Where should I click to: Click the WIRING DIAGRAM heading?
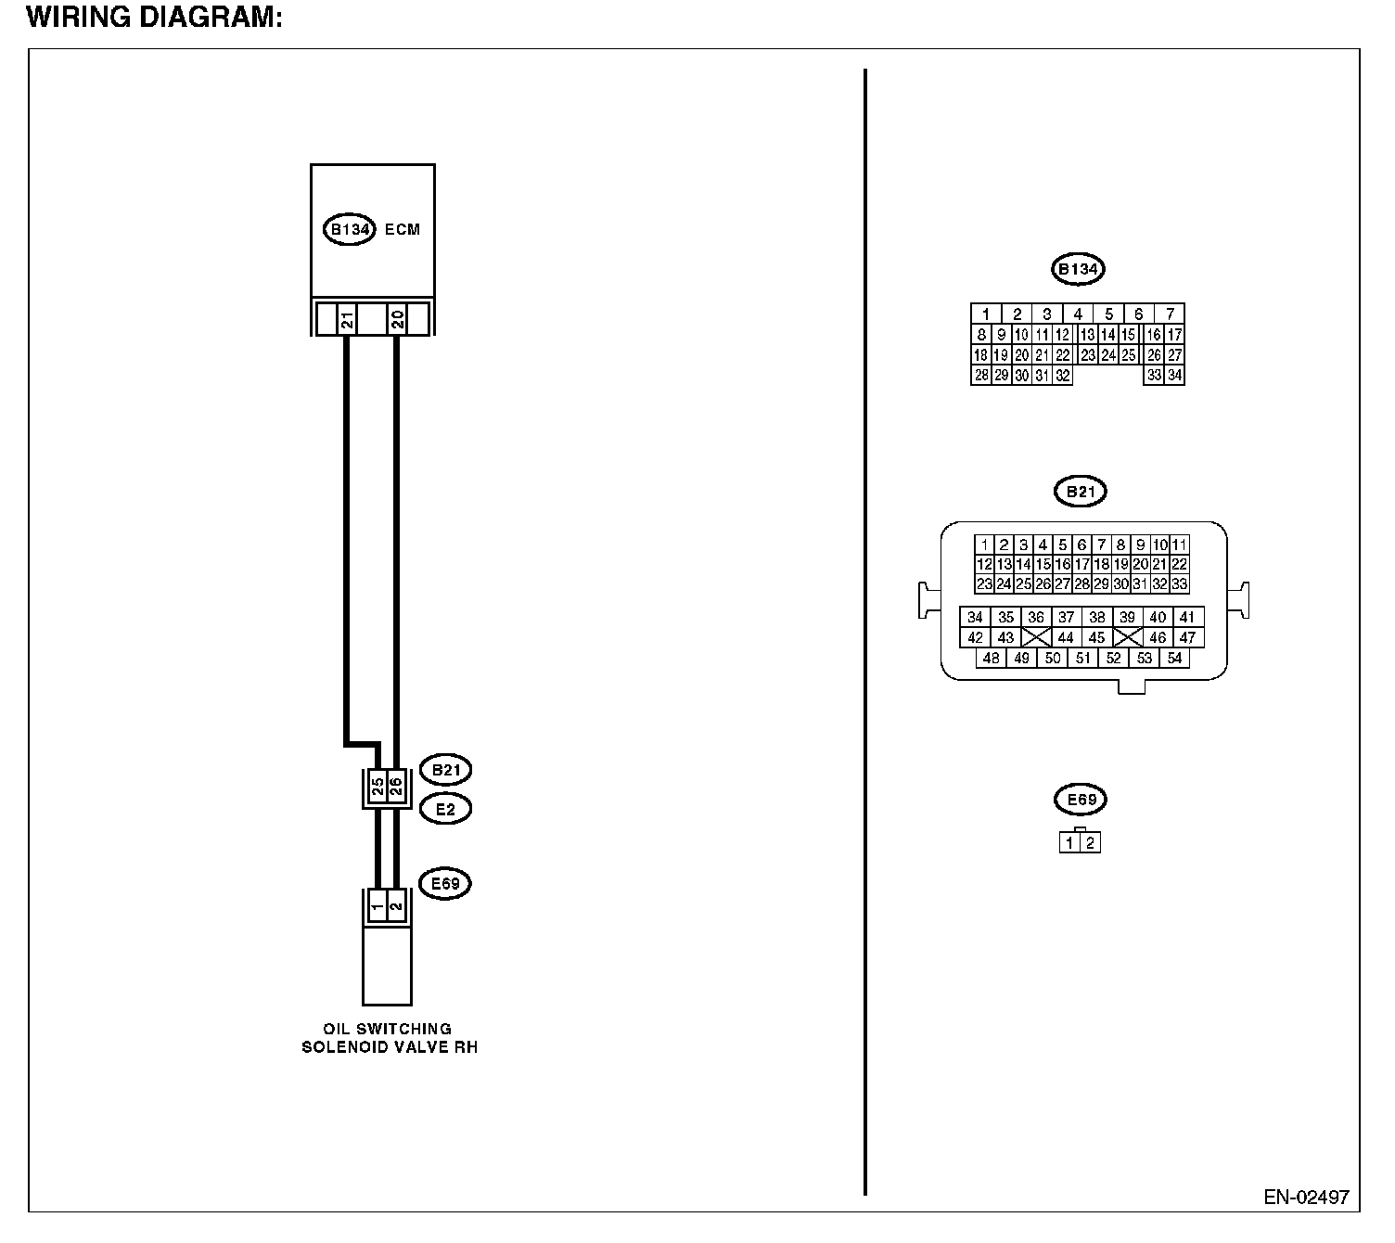pyautogui.click(x=155, y=18)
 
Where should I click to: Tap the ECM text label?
pyautogui.click(x=402, y=229)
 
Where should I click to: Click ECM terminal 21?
pyautogui.click(x=346, y=320)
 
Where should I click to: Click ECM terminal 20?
pyautogui.click(x=396, y=320)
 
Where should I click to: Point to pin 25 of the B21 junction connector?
pyautogui.click(x=378, y=788)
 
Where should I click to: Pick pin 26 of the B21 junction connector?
pyautogui.click(x=395, y=788)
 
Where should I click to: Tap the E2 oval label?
pyautogui.click(x=445, y=809)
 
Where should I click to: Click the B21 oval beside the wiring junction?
pyautogui.click(x=445, y=770)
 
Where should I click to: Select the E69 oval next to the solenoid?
pyautogui.click(x=445, y=883)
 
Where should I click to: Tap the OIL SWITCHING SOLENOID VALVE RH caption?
pyautogui.click(x=389, y=1038)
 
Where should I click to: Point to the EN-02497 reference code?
pyautogui.click(x=1306, y=1197)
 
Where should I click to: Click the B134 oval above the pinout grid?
pyautogui.click(x=1078, y=270)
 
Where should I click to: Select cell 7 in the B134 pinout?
pyautogui.click(x=1171, y=314)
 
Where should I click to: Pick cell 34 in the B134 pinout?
pyautogui.click(x=1175, y=376)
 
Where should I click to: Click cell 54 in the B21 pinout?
pyautogui.click(x=1175, y=658)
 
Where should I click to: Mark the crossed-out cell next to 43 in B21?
pyautogui.click(x=1036, y=637)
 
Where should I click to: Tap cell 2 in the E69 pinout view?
pyautogui.click(x=1091, y=843)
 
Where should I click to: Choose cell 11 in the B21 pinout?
pyautogui.click(x=1179, y=545)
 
